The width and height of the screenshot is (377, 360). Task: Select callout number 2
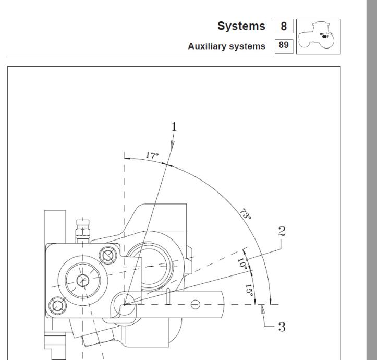[x=283, y=232]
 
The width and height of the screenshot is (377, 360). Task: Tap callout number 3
[x=282, y=327]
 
